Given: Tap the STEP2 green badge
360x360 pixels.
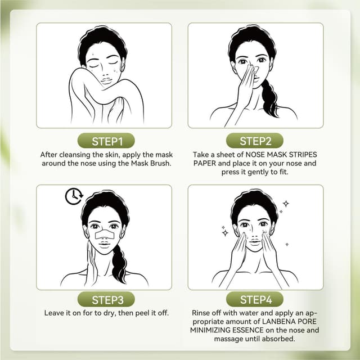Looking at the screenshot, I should (x=255, y=141).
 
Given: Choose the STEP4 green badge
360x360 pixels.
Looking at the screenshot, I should (x=255, y=299).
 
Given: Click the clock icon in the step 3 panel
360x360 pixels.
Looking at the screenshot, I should (x=73, y=196).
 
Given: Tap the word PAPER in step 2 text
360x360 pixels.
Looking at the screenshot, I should (x=205, y=164).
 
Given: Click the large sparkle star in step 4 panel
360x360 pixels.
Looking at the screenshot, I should (x=286, y=203).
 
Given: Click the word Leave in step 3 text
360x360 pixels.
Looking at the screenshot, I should (x=53, y=312).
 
